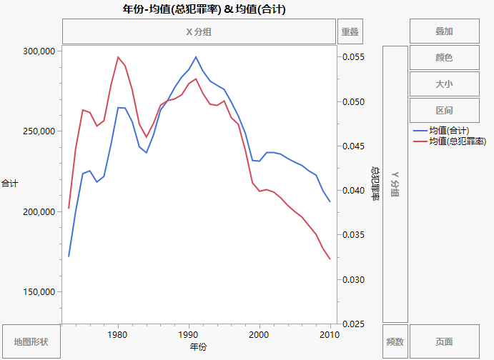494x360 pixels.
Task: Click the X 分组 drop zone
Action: [198, 31]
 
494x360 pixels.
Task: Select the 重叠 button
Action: [350, 31]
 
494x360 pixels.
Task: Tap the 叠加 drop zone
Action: [444, 31]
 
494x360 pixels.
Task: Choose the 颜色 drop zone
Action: [444, 58]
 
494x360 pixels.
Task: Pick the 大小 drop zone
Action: [444, 84]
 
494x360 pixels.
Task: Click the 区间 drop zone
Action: [444, 111]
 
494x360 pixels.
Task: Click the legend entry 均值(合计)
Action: [448, 131]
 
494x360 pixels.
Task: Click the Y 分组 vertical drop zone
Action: [395, 184]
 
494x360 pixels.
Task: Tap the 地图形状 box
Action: [31, 342]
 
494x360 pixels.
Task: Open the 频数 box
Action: [395, 342]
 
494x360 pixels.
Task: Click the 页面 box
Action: [444, 342]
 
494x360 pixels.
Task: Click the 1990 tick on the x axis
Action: [188, 334]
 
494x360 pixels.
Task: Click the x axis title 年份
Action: [199, 347]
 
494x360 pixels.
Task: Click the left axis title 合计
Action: [10, 184]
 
